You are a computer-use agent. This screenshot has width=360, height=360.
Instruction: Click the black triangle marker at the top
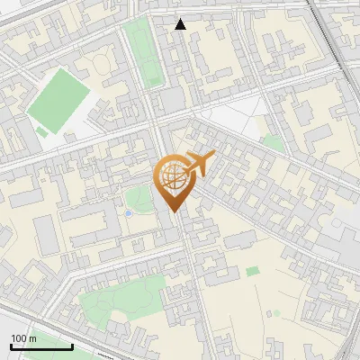[x=180, y=24]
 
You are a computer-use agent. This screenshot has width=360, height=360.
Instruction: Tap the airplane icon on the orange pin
[x=201, y=165]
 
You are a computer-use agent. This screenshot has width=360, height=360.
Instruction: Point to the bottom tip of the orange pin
[x=173, y=212]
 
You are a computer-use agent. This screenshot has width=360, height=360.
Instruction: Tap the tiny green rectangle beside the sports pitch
[x=41, y=133]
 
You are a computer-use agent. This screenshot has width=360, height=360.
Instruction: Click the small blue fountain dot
[x=128, y=213]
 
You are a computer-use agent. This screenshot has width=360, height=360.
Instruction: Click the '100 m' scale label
[x=23, y=338]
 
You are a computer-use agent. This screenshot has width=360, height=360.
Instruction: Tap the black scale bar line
[x=41, y=346]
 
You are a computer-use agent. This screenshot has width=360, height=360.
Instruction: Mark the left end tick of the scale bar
[x=11, y=345]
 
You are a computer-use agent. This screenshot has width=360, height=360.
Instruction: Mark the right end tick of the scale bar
[x=72, y=345]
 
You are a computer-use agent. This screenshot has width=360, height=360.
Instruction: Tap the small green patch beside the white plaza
[x=273, y=142]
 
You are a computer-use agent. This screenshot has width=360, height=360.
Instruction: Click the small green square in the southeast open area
[x=253, y=270]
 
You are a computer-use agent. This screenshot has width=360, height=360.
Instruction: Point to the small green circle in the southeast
[x=275, y=313]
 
